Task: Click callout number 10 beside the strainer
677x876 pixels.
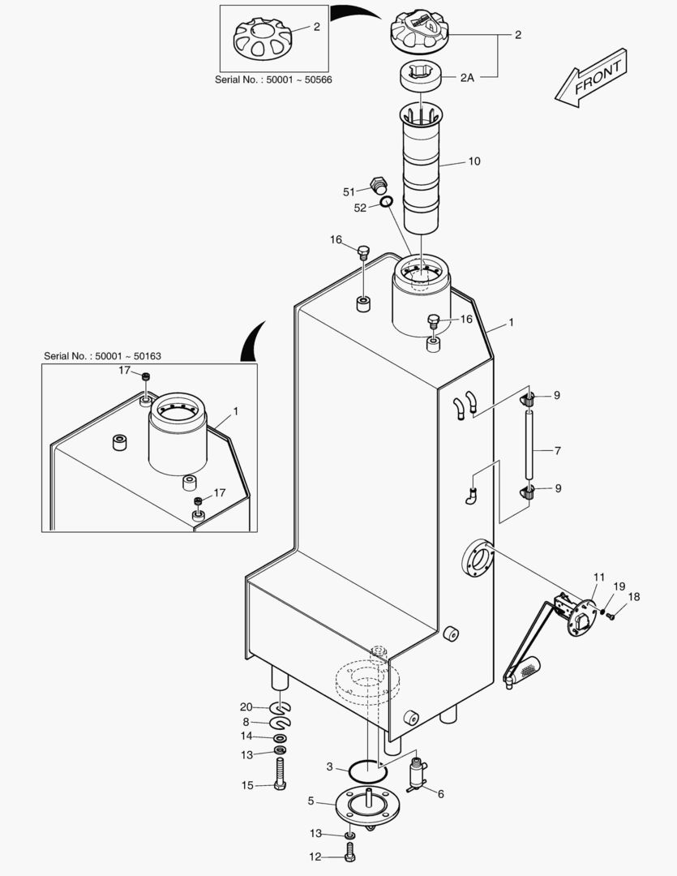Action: click(x=474, y=161)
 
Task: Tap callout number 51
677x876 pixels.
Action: click(x=349, y=191)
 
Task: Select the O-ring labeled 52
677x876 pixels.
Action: click(x=388, y=202)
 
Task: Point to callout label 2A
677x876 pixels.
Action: click(x=467, y=78)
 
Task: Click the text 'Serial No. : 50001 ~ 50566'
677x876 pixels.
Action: click(x=273, y=79)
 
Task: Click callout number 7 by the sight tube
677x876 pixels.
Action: click(x=558, y=449)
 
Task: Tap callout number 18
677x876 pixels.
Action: click(x=634, y=597)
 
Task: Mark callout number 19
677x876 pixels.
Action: click(x=619, y=586)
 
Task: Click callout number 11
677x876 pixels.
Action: click(x=598, y=578)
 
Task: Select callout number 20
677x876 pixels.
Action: click(x=246, y=706)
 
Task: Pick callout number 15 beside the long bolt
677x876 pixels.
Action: click(x=246, y=785)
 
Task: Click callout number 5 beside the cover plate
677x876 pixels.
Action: click(x=311, y=801)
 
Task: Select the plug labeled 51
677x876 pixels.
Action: click(x=376, y=184)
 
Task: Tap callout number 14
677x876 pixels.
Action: click(x=246, y=736)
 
